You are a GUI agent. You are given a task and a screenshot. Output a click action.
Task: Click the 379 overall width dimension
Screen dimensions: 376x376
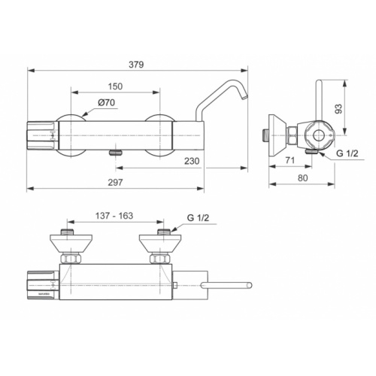(136, 65)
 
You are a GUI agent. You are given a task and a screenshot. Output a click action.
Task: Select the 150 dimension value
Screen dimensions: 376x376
(115, 86)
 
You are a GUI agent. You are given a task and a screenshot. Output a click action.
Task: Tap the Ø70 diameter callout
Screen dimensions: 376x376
(106, 103)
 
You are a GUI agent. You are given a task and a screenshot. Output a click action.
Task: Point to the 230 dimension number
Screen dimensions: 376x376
(192, 161)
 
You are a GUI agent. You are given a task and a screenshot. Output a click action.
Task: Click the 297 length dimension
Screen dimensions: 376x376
(115, 182)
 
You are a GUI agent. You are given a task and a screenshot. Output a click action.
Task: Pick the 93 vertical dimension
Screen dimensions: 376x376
(338, 108)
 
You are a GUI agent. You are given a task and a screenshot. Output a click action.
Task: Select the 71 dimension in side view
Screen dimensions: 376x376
(290, 160)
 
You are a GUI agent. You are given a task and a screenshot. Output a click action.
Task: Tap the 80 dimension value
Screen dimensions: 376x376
(303, 177)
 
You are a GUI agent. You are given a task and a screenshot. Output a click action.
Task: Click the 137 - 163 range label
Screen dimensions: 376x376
(114, 216)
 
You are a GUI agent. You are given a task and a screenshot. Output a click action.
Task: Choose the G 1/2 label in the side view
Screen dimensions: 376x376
(347, 153)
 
